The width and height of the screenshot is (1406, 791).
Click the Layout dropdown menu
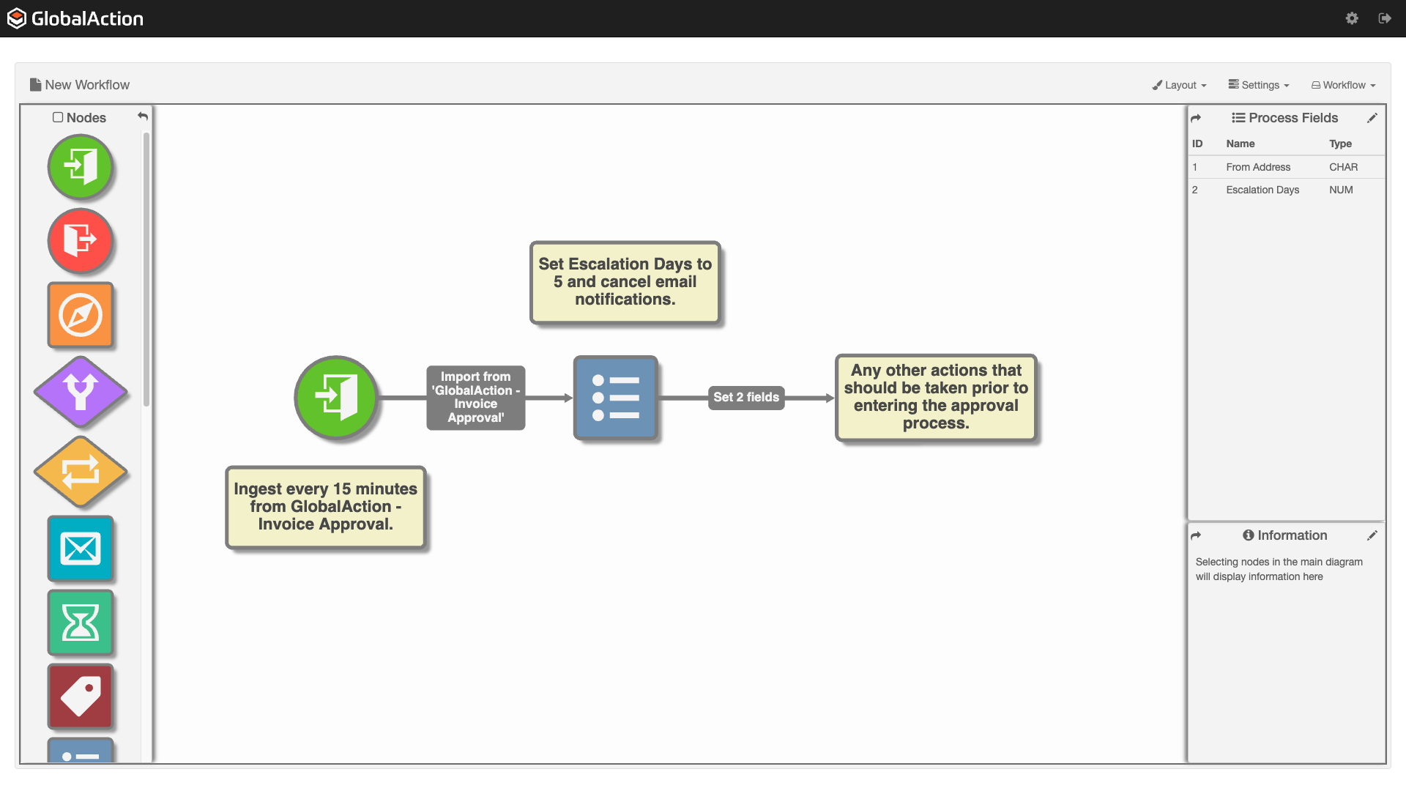[1179, 85]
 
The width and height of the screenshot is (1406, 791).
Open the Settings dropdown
[1259, 85]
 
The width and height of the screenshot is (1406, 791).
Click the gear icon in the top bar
[1352, 18]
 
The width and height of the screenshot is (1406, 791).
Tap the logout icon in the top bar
[1385, 18]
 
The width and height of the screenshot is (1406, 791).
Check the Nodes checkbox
[58, 117]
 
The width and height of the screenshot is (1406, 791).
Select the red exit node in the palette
[81, 240]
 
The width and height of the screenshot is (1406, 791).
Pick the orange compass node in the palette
[81, 315]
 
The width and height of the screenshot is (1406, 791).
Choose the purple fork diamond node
[81, 392]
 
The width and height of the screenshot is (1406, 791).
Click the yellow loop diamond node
[81, 472]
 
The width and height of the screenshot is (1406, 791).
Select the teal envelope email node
[81, 549]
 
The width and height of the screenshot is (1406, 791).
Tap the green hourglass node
[81, 623]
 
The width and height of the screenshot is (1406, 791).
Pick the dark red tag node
[81, 696]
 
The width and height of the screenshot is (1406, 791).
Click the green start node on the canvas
[336, 398]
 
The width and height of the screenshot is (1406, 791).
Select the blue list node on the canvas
[615, 398]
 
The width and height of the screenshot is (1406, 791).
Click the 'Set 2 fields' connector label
[746, 397]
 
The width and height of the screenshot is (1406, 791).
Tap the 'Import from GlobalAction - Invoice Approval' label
[476, 397]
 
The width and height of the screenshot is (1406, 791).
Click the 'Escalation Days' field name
[1262, 190]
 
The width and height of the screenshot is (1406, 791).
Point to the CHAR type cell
[1343, 167]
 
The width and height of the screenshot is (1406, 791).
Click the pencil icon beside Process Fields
[1372, 118]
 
